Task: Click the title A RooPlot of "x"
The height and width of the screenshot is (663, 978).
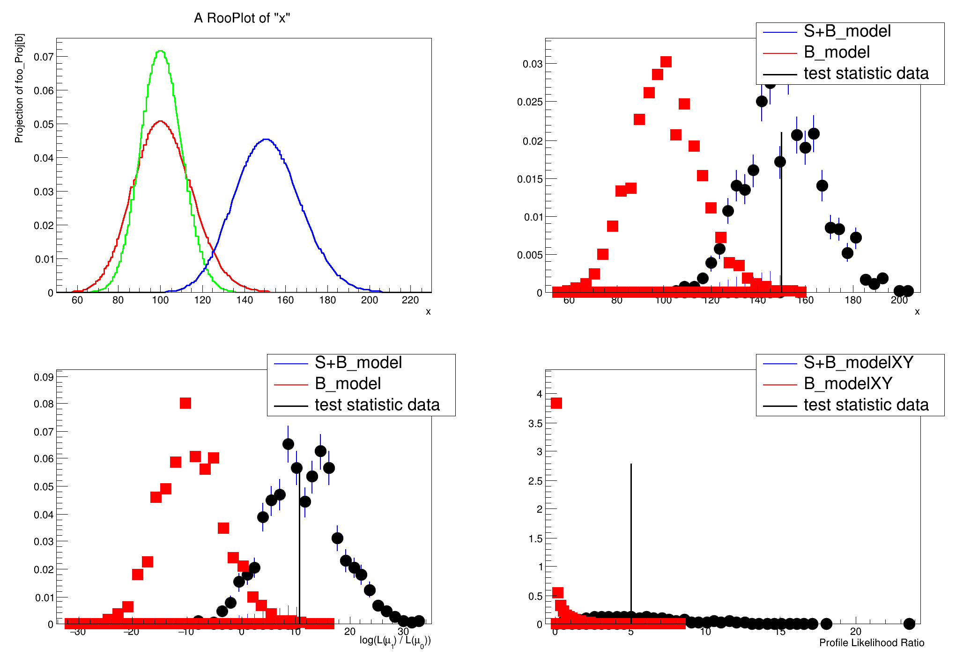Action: [242, 18]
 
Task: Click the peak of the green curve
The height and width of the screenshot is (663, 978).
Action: [161, 51]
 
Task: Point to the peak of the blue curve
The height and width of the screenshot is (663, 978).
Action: [266, 139]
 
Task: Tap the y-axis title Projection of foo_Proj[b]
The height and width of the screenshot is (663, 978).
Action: [19, 88]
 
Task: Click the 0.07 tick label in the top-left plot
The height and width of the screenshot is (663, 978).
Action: [44, 57]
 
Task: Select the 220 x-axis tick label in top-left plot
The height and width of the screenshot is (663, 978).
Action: [410, 300]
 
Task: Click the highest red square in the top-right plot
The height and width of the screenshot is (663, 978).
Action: [666, 62]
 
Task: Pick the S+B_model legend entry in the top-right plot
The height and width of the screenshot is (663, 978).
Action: [847, 31]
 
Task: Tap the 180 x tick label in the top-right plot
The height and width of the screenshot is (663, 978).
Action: [853, 300]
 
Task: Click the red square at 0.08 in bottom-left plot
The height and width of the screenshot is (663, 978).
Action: [185, 403]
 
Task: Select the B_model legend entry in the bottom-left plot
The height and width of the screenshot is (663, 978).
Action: [348, 384]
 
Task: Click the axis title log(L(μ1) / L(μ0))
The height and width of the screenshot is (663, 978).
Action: [395, 641]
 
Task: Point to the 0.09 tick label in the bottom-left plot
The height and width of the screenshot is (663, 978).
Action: [44, 377]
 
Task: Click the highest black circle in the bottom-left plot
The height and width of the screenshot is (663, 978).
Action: [288, 444]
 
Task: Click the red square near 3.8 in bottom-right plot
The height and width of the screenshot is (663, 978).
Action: [556, 403]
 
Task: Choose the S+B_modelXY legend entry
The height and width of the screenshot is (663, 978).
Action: [858, 363]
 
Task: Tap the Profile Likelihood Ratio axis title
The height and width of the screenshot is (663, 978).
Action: [871, 643]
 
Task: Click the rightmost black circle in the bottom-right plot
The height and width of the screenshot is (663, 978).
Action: [909, 624]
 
